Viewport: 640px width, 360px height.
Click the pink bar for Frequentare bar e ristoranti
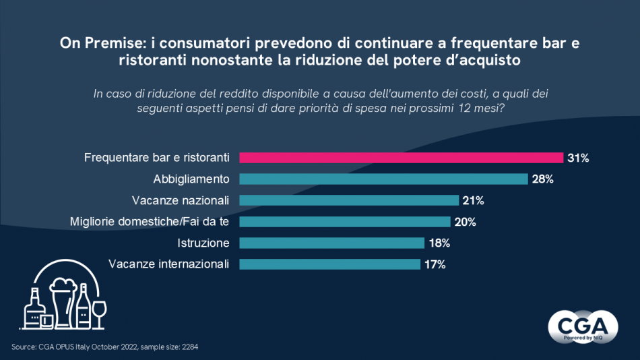(401, 158)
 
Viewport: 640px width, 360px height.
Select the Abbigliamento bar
(383, 179)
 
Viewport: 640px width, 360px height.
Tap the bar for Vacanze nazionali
(349, 200)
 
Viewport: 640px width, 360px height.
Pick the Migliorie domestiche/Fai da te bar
(345, 222)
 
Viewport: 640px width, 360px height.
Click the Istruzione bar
(332, 243)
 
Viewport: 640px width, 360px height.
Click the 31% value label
(578, 158)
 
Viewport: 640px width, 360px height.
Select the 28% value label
(542, 179)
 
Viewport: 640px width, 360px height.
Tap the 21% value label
(473, 200)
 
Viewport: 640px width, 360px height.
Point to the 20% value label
(465, 222)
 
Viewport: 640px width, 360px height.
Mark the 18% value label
(439, 243)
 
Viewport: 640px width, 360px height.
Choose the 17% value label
(434, 264)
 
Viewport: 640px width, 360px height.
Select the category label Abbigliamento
(191, 179)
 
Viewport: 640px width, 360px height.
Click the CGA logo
(583, 326)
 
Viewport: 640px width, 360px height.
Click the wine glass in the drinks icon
(99, 312)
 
